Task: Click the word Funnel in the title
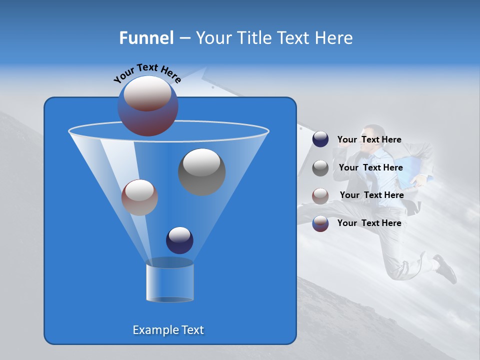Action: pos(146,38)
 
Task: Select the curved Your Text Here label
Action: pos(147,73)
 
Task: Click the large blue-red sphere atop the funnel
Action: pos(147,105)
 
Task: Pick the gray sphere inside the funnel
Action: pos(201,171)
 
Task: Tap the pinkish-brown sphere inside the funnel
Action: pos(139,197)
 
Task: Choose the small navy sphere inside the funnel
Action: pos(179,240)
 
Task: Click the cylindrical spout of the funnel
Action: pos(169,282)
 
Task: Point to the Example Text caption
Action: pos(168,330)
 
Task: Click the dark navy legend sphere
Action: pos(320,139)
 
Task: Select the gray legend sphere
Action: pos(320,168)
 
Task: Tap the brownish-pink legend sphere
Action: pos(320,195)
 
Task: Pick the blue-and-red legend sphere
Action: pos(320,223)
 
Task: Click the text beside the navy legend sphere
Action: pos(369,140)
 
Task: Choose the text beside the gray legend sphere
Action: pos(370,168)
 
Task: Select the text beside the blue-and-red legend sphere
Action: pos(369,223)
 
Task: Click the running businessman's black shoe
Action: pos(445,268)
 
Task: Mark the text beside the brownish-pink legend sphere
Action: pos(371,195)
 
